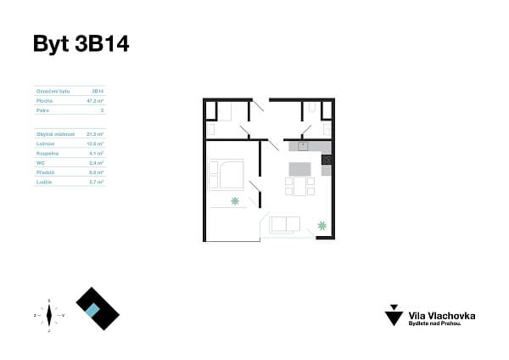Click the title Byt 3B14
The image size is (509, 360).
pos(81,44)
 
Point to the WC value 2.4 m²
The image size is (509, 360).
pos(97,162)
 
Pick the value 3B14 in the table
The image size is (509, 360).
pos(98,89)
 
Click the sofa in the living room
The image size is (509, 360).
pos(284,224)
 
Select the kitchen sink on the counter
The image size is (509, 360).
pos(302,145)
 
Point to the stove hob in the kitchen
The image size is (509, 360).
pos(326,160)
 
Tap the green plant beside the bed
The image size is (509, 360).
pos(235,201)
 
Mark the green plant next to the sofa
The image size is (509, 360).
pos(322,225)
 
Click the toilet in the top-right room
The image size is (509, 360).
pos(312,107)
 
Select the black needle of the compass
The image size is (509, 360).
pos(49,315)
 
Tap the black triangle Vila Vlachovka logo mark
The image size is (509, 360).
pos(394,316)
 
